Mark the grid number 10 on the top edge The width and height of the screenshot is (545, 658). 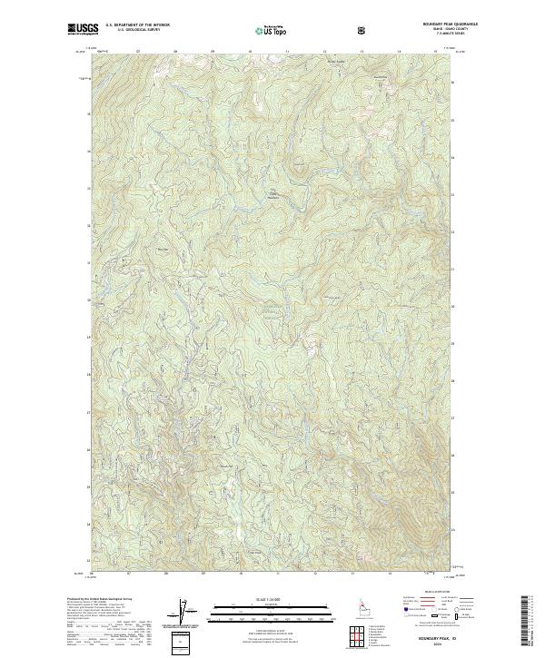click(x=249, y=52)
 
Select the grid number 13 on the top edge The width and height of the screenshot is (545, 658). click(x=362, y=52)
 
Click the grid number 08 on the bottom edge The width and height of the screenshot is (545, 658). click(x=167, y=575)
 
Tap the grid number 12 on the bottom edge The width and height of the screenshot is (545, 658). click(x=314, y=575)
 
